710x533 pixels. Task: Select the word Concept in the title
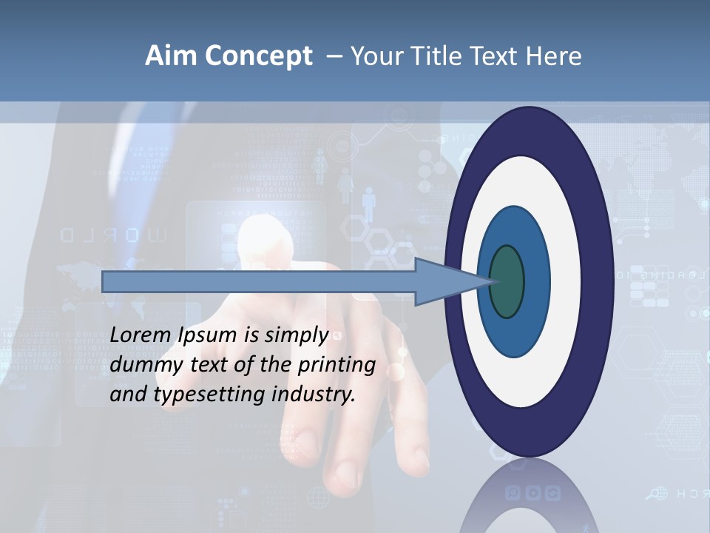(x=259, y=56)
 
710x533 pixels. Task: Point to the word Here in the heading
(x=553, y=56)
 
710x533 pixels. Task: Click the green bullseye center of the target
(x=507, y=282)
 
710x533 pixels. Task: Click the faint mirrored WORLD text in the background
(x=118, y=236)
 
